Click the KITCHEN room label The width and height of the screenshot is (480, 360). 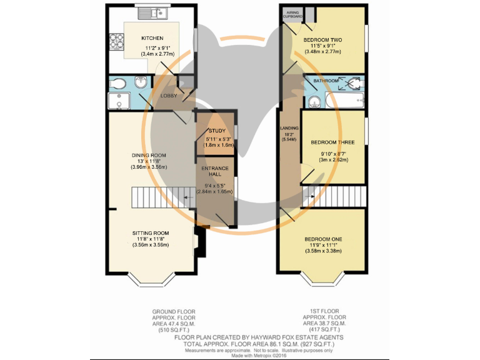152,38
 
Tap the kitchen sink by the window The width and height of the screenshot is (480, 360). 152,13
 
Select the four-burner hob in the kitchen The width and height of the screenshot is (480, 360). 116,41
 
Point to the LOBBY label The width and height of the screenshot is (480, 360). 169,96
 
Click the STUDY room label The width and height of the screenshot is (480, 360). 217,131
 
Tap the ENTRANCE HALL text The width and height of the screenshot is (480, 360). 215,171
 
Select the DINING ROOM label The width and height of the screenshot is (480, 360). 149,155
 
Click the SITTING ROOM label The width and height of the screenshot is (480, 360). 151,233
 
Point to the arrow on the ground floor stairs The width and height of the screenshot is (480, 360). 188,197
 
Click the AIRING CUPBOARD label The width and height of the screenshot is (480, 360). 292,14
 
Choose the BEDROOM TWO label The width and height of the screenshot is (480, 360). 322,40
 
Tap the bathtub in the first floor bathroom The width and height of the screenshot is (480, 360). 345,100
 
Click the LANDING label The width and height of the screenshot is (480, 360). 289,128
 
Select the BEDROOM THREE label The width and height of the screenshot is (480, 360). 332,142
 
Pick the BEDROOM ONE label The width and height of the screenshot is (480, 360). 323,239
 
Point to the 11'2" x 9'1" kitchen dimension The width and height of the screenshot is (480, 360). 157,47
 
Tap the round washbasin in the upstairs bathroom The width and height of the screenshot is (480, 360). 314,102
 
